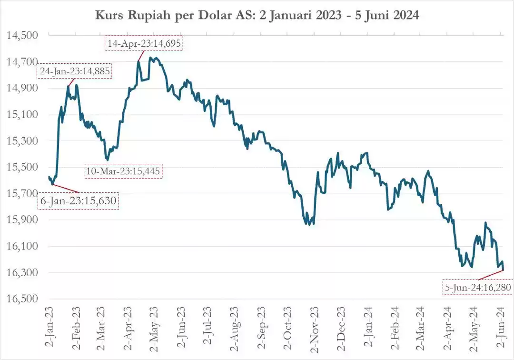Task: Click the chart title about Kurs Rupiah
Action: (257, 15)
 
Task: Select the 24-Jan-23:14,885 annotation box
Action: (75, 71)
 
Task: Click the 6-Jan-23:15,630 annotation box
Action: (78, 201)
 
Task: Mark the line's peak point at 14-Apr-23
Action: (138, 61)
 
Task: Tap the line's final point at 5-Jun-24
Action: (504, 270)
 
